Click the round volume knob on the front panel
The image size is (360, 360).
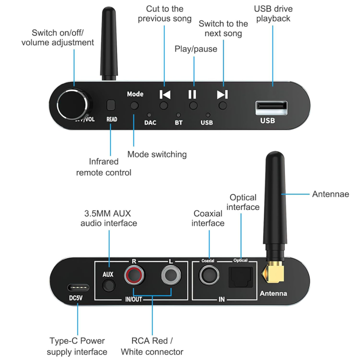point(73,104)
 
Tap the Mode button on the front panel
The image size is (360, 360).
point(134,105)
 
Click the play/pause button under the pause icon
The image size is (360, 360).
point(193,105)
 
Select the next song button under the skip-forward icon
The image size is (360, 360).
point(222,105)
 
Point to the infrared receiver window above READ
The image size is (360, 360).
point(111,105)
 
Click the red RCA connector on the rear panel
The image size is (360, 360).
point(134,275)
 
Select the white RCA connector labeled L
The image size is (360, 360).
point(170,275)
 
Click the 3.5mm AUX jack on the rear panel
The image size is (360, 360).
point(107,286)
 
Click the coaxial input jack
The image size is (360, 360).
point(208,275)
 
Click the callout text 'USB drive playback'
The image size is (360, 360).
point(272,13)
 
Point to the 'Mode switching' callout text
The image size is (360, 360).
point(157,154)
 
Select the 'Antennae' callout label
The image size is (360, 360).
point(330,194)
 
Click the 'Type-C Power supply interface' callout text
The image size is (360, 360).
point(77,346)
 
